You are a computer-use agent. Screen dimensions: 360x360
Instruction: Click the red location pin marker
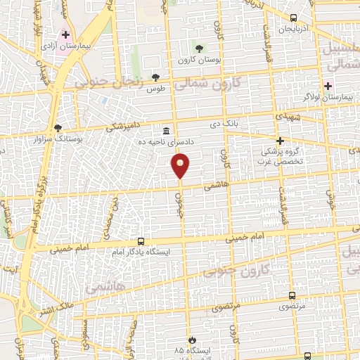(x=181, y=165)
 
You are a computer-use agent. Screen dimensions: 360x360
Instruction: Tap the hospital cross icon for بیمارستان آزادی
(x=66, y=34)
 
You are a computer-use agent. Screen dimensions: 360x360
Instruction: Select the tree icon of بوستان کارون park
(x=200, y=49)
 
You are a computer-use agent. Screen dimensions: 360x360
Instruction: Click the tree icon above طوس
(x=155, y=77)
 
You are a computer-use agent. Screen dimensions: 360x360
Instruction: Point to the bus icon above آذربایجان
(x=293, y=18)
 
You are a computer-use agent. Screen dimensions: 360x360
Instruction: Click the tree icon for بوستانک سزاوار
(x=58, y=128)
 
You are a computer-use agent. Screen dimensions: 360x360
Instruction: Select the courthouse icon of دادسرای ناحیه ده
(x=166, y=131)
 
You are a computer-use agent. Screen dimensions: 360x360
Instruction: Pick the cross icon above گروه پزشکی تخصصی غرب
(x=280, y=141)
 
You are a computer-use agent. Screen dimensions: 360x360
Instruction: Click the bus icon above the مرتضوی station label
(x=292, y=296)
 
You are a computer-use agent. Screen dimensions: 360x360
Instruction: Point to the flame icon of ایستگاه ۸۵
(x=189, y=339)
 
